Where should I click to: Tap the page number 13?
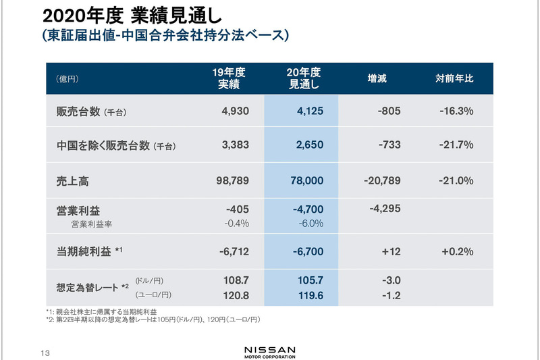click(x=45, y=352)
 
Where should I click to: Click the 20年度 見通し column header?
click(x=304, y=78)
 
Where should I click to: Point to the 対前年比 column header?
click(x=455, y=78)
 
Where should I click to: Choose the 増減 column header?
click(x=377, y=78)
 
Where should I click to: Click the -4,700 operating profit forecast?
click(x=308, y=210)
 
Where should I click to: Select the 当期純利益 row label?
click(x=84, y=251)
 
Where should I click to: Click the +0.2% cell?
click(x=457, y=251)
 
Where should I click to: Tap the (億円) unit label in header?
click(x=67, y=79)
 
